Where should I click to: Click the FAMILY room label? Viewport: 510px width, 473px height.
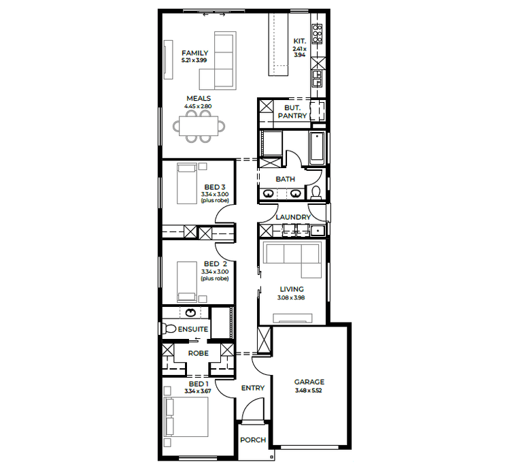point(194,53)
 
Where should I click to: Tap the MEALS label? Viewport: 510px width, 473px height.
point(198,99)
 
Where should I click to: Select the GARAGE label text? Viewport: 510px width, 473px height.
point(309,382)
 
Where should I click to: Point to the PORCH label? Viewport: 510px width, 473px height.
point(253,440)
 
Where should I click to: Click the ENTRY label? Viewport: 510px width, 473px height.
point(253,388)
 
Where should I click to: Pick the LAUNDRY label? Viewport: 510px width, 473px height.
point(293,218)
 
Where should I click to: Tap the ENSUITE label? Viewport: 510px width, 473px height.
point(193,329)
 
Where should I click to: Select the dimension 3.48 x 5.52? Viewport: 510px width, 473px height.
point(309,391)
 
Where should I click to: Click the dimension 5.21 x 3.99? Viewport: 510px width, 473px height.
point(194,61)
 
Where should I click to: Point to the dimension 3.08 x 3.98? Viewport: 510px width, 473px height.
point(292,297)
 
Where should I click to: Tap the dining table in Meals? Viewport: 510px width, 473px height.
point(198,126)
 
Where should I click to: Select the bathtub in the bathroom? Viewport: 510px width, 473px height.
point(317,147)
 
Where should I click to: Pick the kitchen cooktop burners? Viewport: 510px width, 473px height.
point(317,31)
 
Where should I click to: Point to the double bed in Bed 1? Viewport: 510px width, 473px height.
point(186,415)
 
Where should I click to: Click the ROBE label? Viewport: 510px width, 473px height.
point(198,354)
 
